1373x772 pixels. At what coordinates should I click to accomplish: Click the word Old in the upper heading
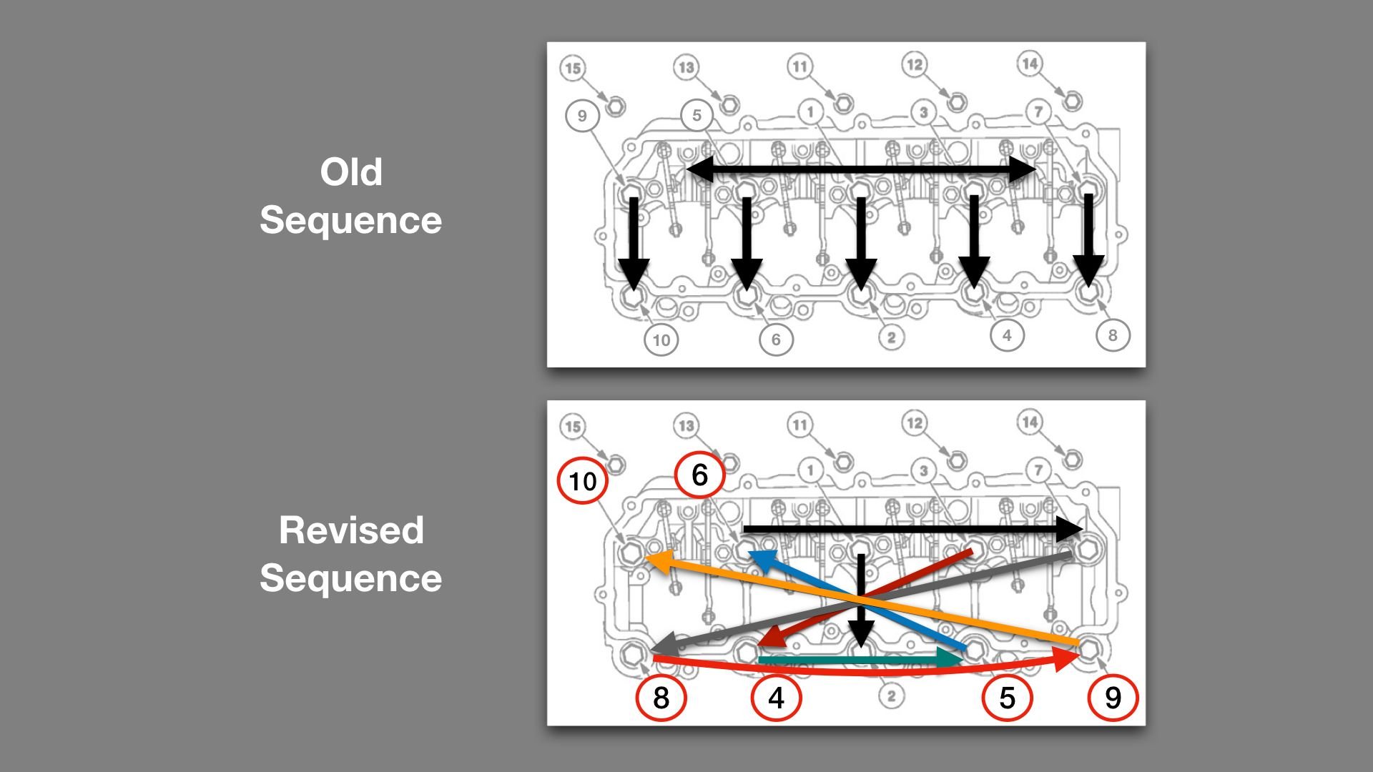[350, 172]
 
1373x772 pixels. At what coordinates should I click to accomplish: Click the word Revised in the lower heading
[350, 530]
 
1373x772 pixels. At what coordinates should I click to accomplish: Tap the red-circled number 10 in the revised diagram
[582, 481]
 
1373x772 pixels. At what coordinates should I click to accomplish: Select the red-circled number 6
[699, 475]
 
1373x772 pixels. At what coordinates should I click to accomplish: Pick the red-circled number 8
[661, 698]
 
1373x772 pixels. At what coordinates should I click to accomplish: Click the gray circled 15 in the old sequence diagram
[572, 68]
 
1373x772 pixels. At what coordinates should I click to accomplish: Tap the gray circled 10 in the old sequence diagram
[661, 340]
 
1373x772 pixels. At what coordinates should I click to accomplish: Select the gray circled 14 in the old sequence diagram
[1030, 64]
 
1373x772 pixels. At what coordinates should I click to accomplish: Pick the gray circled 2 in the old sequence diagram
[891, 337]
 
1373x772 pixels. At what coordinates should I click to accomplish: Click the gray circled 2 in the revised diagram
[891, 696]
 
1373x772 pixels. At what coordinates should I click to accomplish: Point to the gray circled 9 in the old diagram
[582, 116]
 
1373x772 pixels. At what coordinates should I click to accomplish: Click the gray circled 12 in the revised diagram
[915, 422]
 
